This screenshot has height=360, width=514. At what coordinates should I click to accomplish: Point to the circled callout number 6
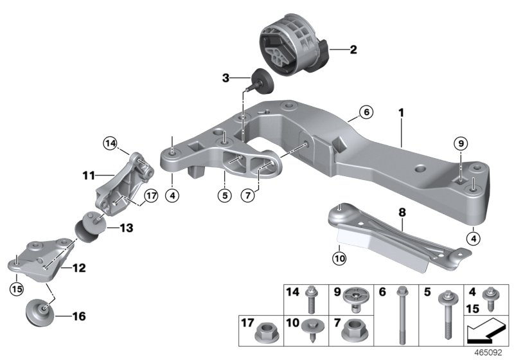coord(365,113)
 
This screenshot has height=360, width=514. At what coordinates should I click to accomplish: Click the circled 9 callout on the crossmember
coord(460,143)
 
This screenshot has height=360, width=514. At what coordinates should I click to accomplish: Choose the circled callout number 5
coord(224,195)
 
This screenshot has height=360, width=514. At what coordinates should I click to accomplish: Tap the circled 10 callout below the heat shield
coord(339,259)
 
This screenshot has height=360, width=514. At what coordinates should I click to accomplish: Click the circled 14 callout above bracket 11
coord(109,144)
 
